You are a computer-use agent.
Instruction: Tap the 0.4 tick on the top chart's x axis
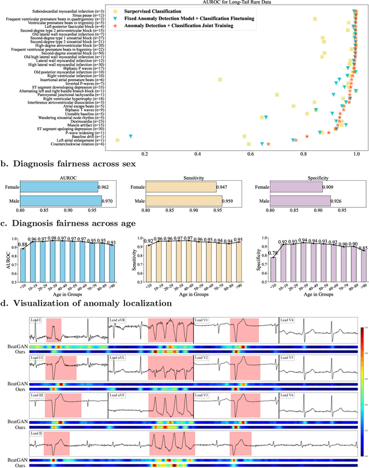point(198,154)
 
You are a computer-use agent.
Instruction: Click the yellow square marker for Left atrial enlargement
point(118,140)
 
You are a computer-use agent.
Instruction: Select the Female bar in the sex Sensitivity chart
point(180,187)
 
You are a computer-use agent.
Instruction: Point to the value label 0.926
point(338,200)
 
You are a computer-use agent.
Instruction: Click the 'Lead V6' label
point(288,379)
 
